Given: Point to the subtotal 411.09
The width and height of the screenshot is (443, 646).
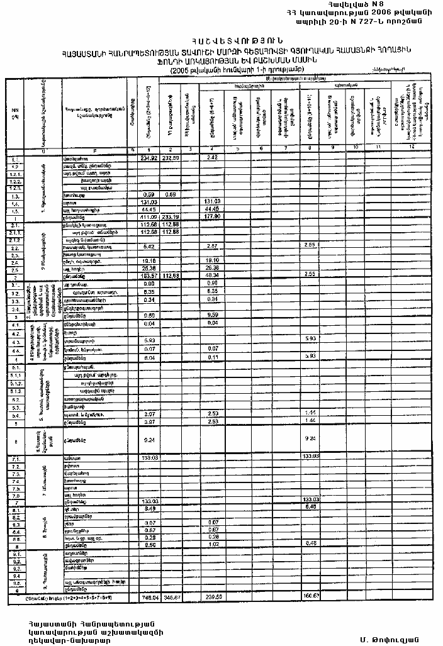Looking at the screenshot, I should pyautogui.click(x=148, y=216).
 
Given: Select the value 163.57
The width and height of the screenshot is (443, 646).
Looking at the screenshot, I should pyautogui.click(x=148, y=276).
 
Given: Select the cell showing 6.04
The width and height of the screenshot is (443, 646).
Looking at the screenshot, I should pyautogui.click(x=149, y=356).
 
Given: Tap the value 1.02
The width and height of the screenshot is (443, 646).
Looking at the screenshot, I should pyautogui.click(x=213, y=545).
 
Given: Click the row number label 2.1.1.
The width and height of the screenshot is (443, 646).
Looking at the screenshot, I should pyautogui.click(x=16, y=233).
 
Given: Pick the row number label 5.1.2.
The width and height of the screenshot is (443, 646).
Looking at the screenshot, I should pyautogui.click(x=16, y=382).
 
